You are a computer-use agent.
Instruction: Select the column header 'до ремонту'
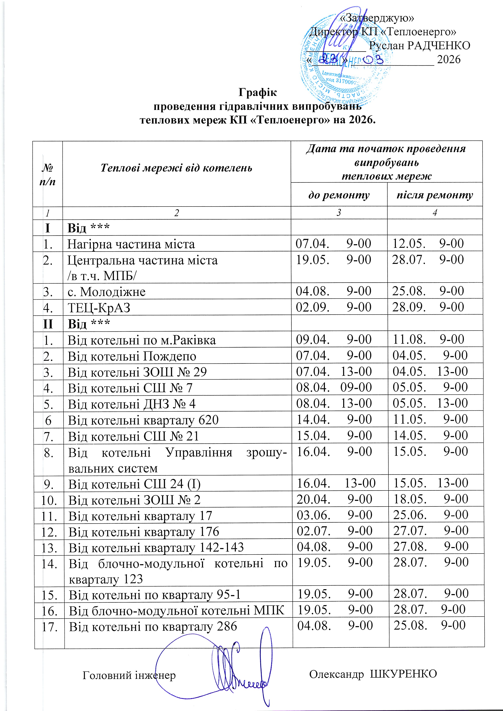pos(339,195)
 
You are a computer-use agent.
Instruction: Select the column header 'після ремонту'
pos(435,195)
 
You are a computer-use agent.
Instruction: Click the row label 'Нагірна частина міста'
pos(131,244)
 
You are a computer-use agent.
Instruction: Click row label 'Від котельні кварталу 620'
pos(143,420)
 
